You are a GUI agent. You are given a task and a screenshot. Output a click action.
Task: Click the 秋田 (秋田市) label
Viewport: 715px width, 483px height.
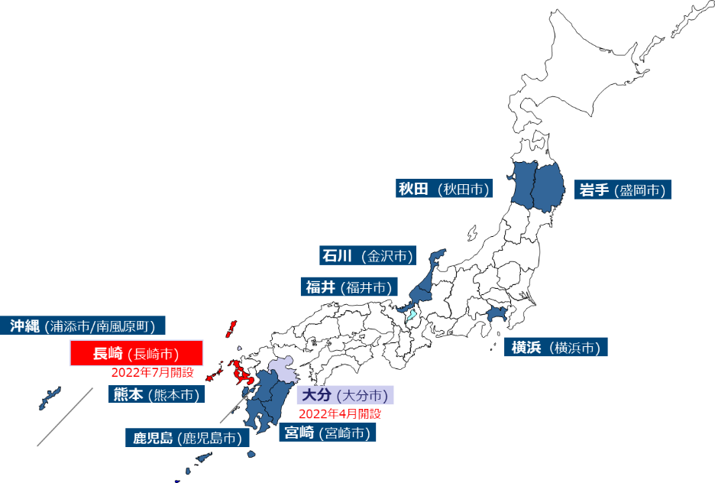(444, 189)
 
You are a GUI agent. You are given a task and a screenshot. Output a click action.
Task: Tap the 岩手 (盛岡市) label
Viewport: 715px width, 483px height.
(623, 190)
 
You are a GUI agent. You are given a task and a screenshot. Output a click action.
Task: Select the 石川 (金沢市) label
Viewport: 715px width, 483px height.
(367, 255)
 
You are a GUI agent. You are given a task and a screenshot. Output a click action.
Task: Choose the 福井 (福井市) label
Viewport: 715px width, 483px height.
(348, 287)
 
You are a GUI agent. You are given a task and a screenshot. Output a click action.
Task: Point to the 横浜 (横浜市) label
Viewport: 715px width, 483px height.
(555, 348)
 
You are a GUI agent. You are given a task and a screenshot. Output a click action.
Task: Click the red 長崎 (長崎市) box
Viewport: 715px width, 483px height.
(137, 353)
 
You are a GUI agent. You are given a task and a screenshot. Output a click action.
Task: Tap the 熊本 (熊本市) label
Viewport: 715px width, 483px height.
(156, 394)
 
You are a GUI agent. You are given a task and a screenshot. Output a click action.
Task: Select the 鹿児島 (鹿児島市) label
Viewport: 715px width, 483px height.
(186, 438)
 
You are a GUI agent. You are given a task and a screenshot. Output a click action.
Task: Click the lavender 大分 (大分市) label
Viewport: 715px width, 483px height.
(345, 395)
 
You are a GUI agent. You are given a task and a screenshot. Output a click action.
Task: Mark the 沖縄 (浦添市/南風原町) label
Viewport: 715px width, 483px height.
(83, 326)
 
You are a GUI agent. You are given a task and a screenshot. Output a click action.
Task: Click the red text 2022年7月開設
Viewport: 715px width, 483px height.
(152, 373)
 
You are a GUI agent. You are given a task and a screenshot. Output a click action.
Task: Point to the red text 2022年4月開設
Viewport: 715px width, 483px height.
(339, 413)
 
